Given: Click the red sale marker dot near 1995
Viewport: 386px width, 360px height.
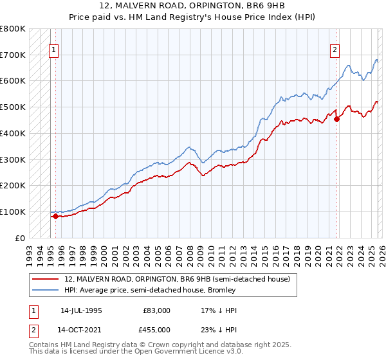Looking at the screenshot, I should pyautogui.click(x=55, y=216).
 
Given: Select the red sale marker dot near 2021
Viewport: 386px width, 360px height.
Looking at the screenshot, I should pyautogui.click(x=336, y=118).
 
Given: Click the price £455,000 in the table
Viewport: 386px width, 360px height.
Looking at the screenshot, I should pyautogui.click(x=157, y=329).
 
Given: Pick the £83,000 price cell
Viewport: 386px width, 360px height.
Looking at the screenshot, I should pyautogui.click(x=157, y=310).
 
